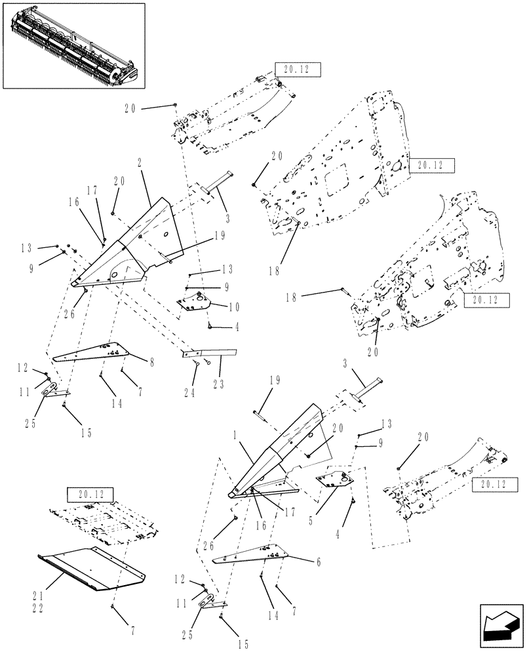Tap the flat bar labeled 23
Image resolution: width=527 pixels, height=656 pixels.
point(210,352)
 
